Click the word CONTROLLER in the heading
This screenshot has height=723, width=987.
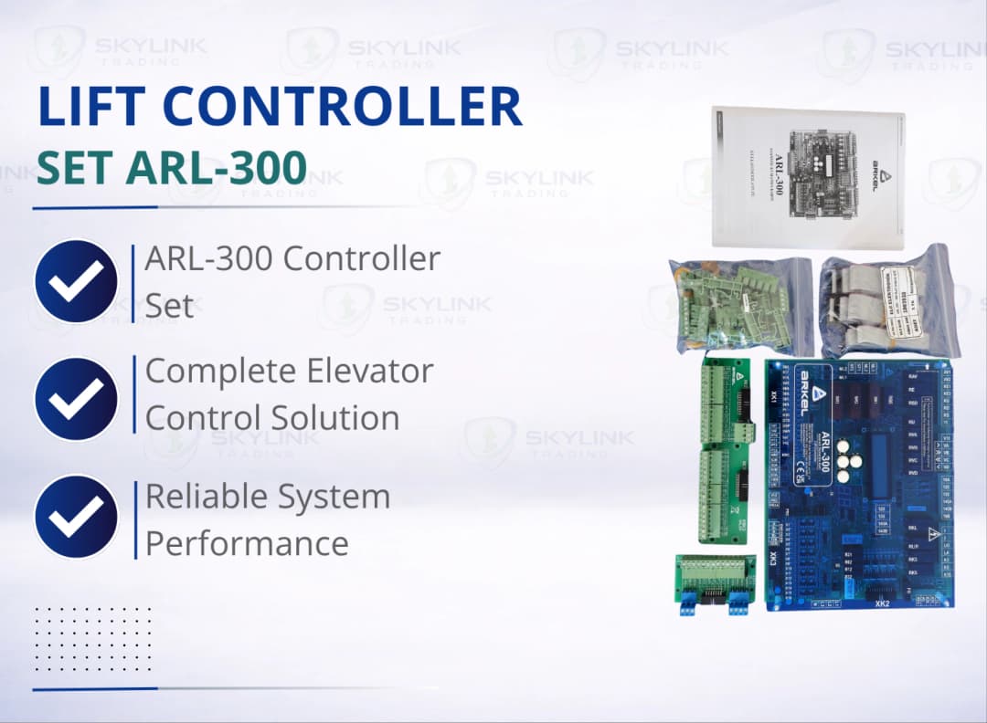[x=346, y=107]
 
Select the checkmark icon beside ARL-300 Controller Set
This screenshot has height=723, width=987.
[x=76, y=281]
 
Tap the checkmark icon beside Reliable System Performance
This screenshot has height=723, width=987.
[x=76, y=516]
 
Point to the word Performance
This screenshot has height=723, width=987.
[x=247, y=543]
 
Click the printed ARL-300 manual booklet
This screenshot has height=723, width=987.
[x=808, y=177]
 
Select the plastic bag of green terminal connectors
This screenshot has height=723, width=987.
[x=740, y=305]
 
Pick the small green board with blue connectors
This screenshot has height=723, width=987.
[x=715, y=584]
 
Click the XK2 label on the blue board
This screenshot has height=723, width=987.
[x=882, y=603]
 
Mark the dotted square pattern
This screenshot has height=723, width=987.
[x=92, y=639]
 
